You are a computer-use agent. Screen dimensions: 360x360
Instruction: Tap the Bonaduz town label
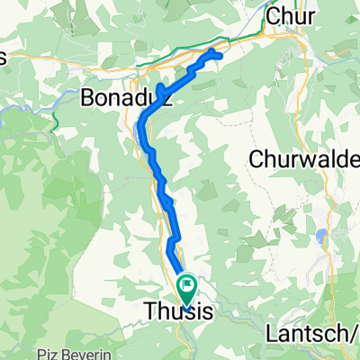(127, 96)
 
